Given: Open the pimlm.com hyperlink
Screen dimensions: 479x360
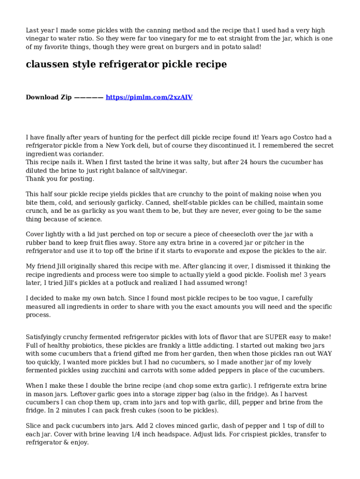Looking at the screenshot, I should pos(149,97).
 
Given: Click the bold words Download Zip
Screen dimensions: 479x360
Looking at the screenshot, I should pos(49,97).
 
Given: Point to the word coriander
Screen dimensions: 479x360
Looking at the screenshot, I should pos(86,154).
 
